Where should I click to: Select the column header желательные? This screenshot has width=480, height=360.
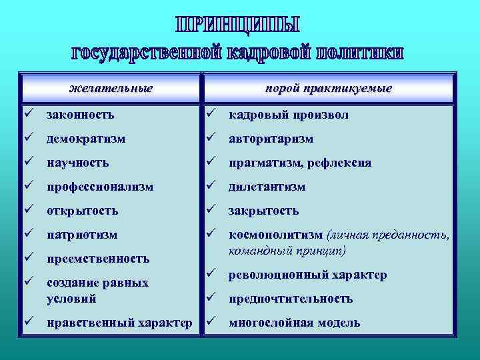111,88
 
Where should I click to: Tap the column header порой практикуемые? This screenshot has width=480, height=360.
328,88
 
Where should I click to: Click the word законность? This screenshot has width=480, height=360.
80,115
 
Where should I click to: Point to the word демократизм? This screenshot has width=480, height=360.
85,139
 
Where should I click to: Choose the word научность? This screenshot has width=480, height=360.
78,163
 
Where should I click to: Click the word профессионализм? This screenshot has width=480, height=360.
99,187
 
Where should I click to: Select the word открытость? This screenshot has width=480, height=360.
82,211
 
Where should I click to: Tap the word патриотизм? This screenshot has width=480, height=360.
82,235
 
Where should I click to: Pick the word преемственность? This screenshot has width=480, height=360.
98,259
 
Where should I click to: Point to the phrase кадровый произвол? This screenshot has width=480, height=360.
289,115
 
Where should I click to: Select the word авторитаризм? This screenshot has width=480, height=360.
271,139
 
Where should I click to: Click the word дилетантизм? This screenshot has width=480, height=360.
267,187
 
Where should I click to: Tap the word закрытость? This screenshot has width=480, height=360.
263,211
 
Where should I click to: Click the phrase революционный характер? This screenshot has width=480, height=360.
307,275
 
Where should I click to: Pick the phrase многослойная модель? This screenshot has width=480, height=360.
294,323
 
